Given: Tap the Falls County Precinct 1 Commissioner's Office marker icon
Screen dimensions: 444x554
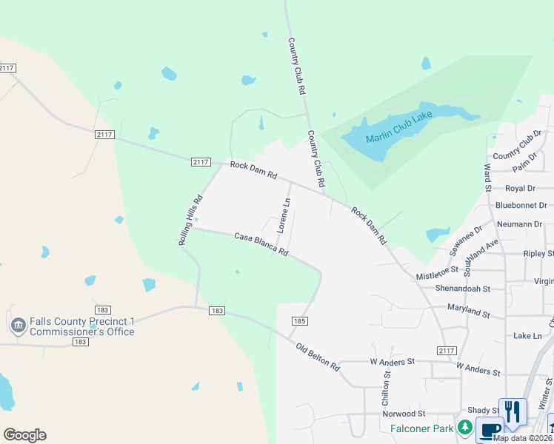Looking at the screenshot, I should [17, 325].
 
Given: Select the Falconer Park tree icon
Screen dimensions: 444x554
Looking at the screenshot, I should [464, 427].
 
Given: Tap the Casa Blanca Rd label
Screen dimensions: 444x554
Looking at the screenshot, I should [261, 245].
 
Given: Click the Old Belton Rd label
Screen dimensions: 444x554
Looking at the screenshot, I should [318, 356].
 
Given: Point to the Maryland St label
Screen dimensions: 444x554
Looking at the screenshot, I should [468, 310].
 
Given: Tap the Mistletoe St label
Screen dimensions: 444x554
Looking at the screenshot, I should [437, 275].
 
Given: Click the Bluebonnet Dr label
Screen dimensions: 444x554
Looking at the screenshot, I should [521, 205].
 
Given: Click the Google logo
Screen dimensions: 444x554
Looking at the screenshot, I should [24, 434].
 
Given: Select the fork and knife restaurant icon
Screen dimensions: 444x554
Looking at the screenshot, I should [513, 411].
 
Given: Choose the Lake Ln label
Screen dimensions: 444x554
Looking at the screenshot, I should [528, 335].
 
